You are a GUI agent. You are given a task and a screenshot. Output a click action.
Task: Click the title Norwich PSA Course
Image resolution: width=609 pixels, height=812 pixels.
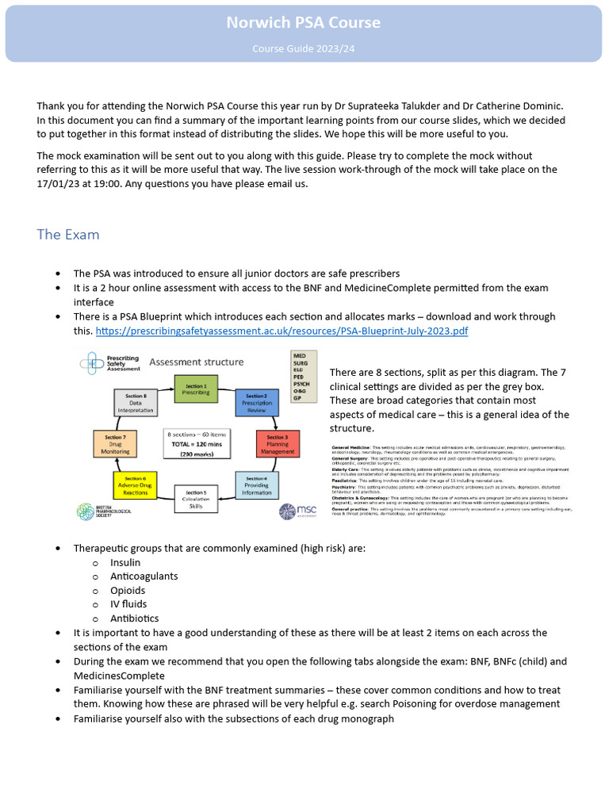tap(304, 22)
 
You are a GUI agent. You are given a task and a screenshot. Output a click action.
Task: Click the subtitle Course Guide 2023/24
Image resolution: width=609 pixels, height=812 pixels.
tap(304, 49)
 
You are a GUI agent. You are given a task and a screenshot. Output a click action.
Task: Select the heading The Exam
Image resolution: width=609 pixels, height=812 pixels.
tap(68, 235)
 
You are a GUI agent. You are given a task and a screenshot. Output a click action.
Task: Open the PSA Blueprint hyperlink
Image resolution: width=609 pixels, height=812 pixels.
tap(282, 331)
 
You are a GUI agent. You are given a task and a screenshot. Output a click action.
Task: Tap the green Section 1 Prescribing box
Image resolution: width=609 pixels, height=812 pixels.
tap(195, 389)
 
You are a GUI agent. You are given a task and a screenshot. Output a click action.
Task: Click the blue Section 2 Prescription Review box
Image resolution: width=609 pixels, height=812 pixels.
tap(256, 403)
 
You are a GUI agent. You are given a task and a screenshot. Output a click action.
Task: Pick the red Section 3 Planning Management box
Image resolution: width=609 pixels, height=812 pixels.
tap(277, 442)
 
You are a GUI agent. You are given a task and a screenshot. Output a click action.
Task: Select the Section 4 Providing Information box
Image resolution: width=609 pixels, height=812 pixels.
tap(256, 483)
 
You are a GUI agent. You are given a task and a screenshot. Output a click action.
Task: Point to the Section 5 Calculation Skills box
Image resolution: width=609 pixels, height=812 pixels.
tap(195, 497)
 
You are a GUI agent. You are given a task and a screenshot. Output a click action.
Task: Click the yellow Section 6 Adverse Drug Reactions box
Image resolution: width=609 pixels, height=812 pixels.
tap(135, 483)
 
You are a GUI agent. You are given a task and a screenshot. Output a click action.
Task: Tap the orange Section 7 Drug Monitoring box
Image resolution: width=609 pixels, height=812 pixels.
tap(115, 442)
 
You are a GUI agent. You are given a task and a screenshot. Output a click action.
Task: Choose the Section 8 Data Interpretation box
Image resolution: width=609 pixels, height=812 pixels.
tap(136, 403)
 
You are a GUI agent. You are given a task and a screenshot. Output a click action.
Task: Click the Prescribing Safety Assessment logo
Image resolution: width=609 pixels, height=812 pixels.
tap(111, 362)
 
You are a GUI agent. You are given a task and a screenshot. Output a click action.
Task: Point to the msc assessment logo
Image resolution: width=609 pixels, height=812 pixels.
tap(299, 511)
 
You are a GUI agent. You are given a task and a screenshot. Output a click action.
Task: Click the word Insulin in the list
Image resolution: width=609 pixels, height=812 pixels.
tap(125, 562)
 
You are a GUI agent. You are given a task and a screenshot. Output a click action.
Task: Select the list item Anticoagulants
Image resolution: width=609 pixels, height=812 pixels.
tap(144, 576)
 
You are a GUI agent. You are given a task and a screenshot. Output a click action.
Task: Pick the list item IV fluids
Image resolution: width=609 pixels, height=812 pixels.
tap(128, 604)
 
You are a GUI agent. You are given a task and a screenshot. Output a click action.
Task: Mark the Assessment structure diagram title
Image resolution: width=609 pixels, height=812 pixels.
tap(197, 362)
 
